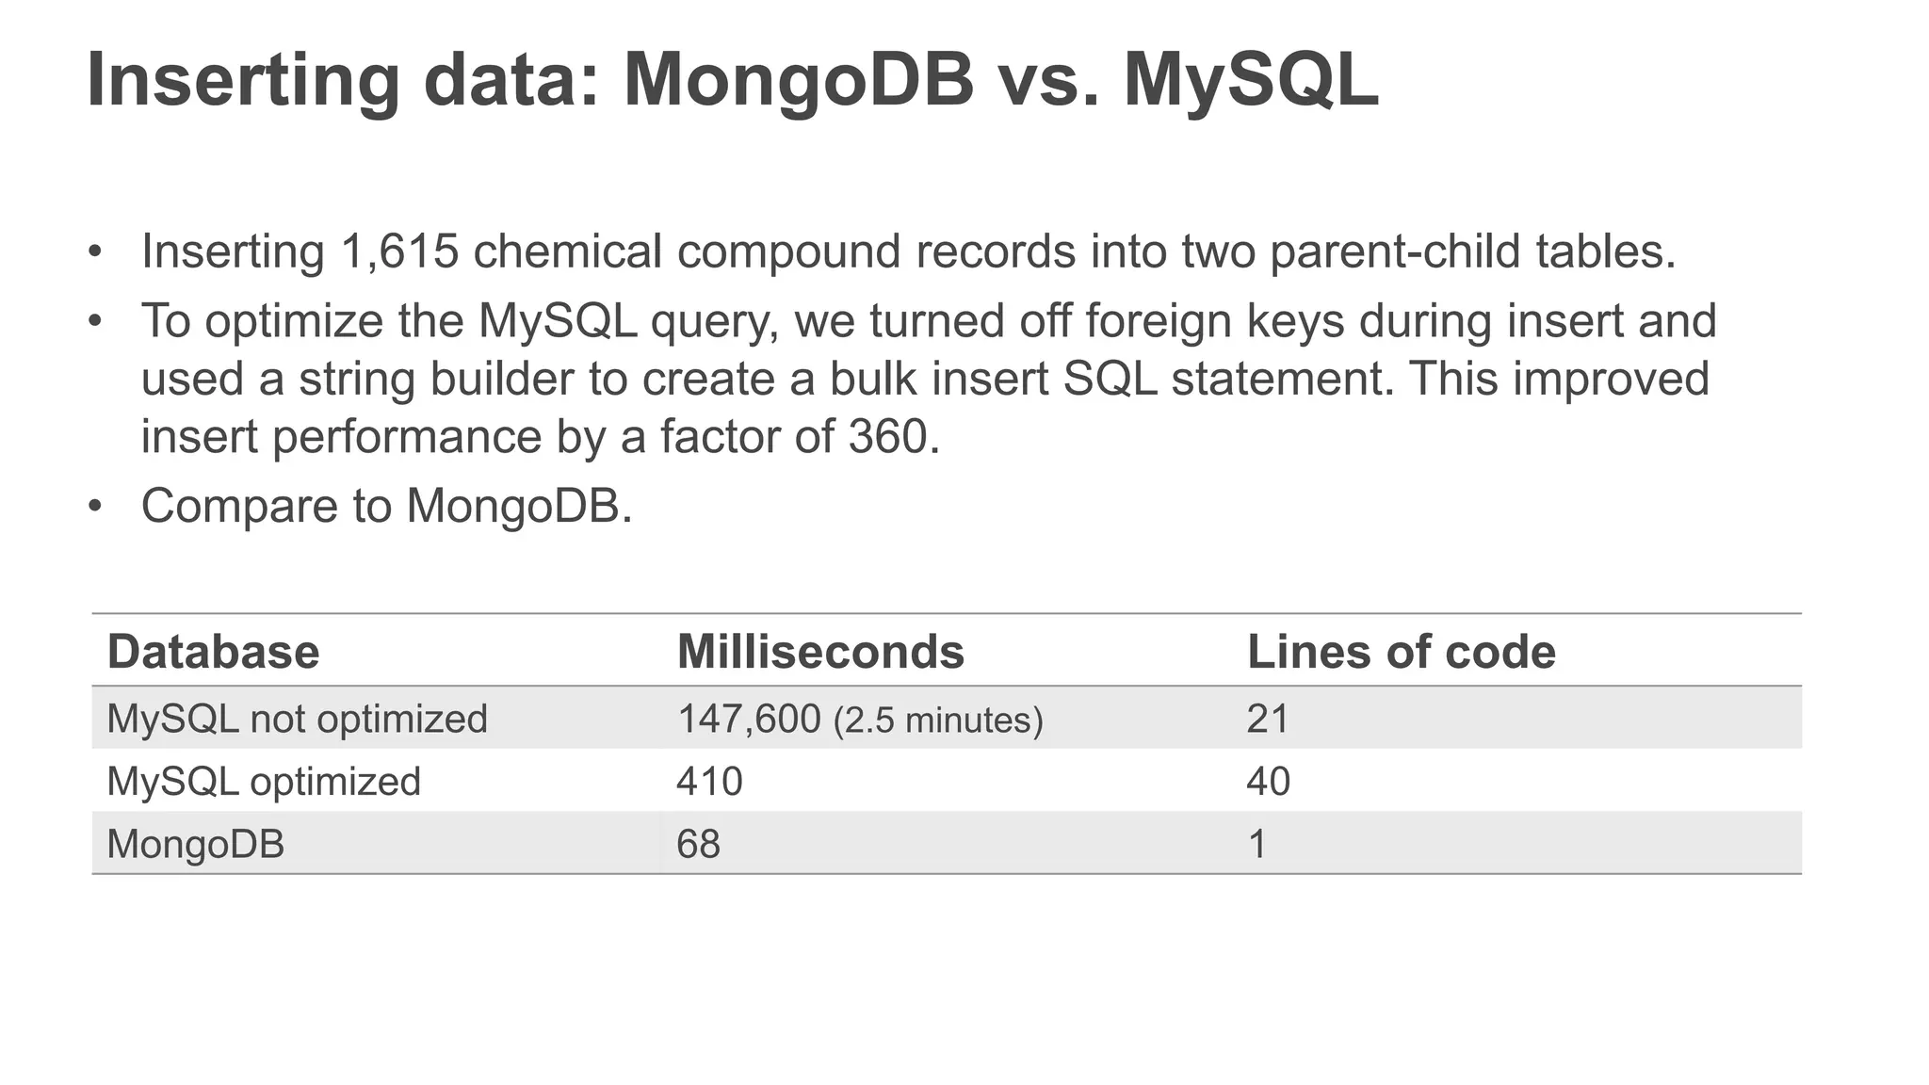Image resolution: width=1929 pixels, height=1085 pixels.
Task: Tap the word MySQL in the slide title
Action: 1251,82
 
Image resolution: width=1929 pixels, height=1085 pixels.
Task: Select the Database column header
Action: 213,652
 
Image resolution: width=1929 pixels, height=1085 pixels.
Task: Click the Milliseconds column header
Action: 820,652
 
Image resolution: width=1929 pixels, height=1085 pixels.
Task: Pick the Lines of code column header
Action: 1401,652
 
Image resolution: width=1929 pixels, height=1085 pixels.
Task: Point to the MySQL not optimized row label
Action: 297,719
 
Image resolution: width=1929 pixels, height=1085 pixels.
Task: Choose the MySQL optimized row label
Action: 264,782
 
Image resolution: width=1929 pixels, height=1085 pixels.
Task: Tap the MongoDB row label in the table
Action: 195,844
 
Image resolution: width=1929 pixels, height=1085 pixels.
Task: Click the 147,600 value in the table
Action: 749,719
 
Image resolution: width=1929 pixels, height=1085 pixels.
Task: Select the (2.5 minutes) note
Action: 938,721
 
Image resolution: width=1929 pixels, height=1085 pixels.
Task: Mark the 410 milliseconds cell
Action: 709,782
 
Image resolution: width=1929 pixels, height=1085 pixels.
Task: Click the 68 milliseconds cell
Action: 698,844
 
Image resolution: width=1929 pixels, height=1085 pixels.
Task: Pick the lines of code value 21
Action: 1267,719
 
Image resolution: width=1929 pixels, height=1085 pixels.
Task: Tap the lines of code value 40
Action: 1268,782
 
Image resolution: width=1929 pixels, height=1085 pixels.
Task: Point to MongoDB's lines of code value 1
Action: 1256,844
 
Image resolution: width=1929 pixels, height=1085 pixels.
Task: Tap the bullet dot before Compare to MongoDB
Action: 94,506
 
